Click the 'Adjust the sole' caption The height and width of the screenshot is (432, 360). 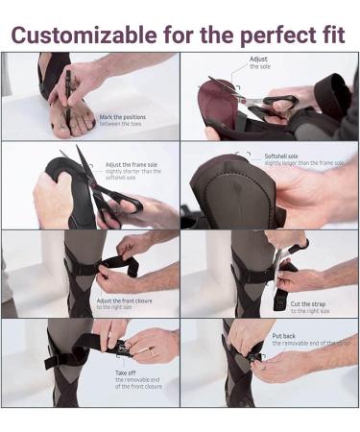[259, 62]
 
